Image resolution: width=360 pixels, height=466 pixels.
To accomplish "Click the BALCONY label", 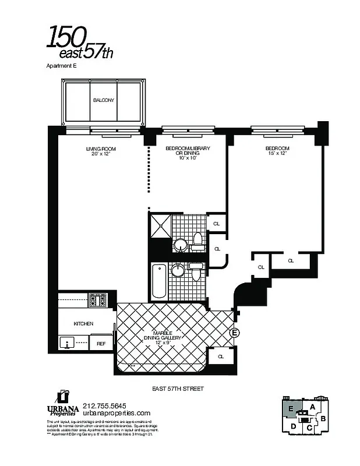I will [103, 100].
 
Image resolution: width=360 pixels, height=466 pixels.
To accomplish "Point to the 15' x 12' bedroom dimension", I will [277, 153].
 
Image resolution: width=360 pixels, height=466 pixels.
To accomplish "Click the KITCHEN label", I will [83, 323].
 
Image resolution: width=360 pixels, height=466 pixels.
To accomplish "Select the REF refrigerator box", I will [101, 344].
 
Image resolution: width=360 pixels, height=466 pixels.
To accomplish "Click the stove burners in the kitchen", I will [98, 301].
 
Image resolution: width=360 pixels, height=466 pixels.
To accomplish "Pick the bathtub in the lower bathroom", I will [159, 281].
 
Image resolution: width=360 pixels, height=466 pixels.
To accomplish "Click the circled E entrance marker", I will [235, 333].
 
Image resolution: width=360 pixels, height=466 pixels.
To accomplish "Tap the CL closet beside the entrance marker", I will [221, 356].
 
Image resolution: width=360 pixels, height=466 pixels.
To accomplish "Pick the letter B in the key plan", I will [323, 418].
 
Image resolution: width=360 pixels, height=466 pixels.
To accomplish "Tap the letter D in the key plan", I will [293, 426].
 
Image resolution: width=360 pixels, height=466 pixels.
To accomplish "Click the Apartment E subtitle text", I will [61, 66].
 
